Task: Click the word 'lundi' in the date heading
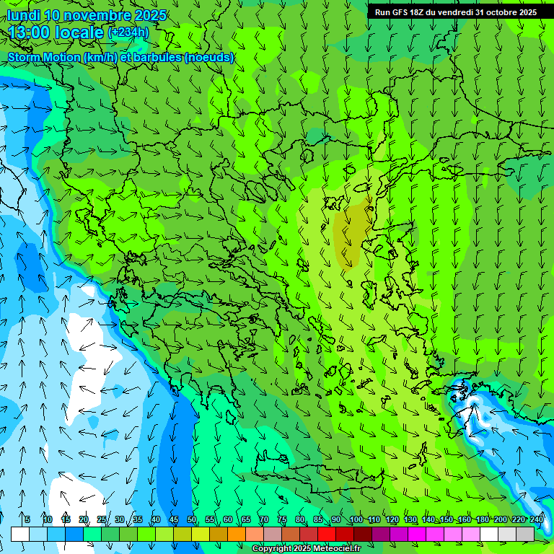(23, 15)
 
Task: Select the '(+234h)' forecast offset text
(128, 32)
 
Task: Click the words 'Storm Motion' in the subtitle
(44, 57)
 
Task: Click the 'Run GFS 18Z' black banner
(455, 12)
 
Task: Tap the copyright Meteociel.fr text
(307, 549)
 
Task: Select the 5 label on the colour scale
(27, 519)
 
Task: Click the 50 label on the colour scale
(192, 519)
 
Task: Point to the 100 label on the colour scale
(356, 519)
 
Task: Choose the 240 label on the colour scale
(537, 519)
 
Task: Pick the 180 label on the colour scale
(483, 519)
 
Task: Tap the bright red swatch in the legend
(327, 534)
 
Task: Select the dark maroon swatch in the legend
(363, 534)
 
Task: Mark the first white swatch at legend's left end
(20, 534)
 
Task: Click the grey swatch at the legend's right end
(525, 534)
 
